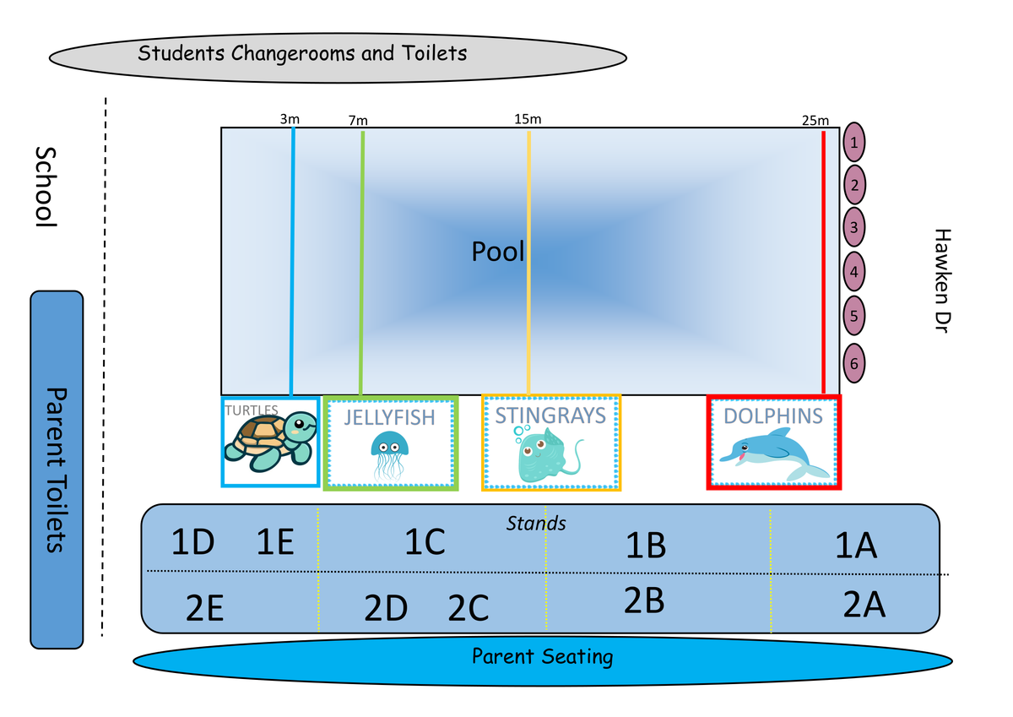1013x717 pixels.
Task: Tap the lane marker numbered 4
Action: click(854, 272)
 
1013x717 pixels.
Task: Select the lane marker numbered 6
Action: click(854, 363)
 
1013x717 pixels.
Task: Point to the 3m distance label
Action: click(289, 120)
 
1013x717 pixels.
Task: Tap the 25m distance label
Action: click(815, 121)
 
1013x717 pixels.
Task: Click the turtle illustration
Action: click(269, 442)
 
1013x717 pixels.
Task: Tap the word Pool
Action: click(498, 252)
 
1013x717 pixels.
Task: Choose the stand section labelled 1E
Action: click(275, 541)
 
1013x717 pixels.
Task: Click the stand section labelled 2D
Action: click(386, 608)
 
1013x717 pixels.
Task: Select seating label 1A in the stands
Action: click(856, 547)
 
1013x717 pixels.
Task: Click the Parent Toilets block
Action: click(57, 470)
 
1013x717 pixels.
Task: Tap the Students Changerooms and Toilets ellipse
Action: click(338, 55)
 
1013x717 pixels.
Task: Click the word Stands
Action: click(536, 524)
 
